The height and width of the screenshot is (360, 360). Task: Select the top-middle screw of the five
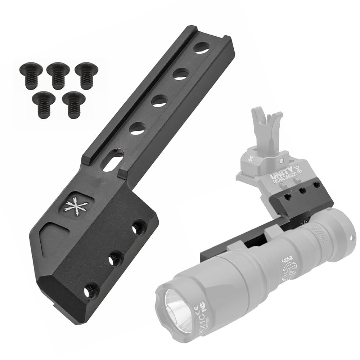[x=58, y=75]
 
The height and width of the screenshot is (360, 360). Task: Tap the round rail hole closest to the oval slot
[x=137, y=128]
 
